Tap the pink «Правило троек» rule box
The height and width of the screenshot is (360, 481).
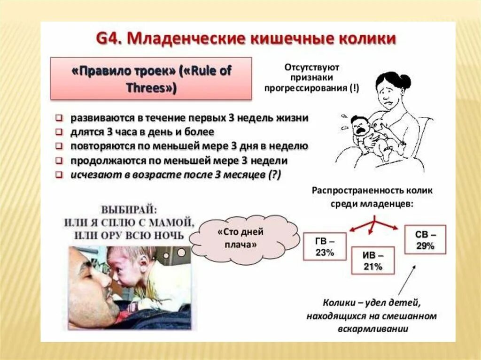(151, 78)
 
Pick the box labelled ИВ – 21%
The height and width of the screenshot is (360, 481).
(373, 260)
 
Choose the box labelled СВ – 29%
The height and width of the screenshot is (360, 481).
(425, 239)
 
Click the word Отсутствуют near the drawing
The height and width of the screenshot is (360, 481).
(311, 67)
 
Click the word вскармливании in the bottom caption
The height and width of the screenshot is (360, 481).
(372, 328)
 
